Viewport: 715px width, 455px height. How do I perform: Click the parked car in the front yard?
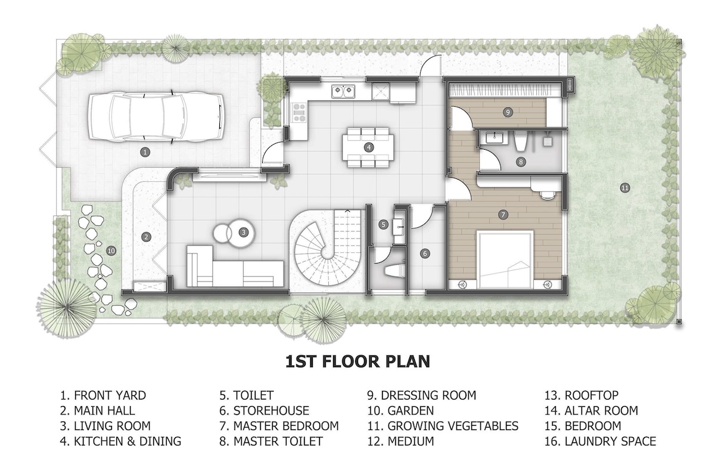(x=156, y=117)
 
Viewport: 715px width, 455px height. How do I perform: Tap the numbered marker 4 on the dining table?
(x=369, y=147)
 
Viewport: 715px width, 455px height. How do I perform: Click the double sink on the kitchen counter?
(x=343, y=91)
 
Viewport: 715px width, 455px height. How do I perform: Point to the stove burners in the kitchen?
(x=299, y=113)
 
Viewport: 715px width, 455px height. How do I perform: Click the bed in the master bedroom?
(x=505, y=261)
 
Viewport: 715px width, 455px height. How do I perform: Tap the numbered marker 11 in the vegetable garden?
(x=624, y=188)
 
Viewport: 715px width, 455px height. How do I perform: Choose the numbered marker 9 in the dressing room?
(x=508, y=112)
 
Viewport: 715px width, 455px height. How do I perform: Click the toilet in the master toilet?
(x=520, y=142)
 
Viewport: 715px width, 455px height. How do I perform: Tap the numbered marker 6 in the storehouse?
(x=424, y=253)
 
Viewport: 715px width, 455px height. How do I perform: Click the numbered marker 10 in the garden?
(x=111, y=251)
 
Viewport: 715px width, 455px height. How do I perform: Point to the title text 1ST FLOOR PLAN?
(x=357, y=361)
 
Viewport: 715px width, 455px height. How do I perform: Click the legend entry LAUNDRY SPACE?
(x=600, y=441)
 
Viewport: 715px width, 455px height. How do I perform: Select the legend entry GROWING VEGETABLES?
(x=443, y=426)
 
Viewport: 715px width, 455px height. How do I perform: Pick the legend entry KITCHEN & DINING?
(x=120, y=441)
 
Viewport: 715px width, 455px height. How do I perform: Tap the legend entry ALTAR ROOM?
(x=591, y=411)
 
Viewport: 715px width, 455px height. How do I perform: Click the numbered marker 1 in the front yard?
(x=145, y=152)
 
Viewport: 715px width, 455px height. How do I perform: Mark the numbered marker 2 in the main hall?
(x=146, y=237)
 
